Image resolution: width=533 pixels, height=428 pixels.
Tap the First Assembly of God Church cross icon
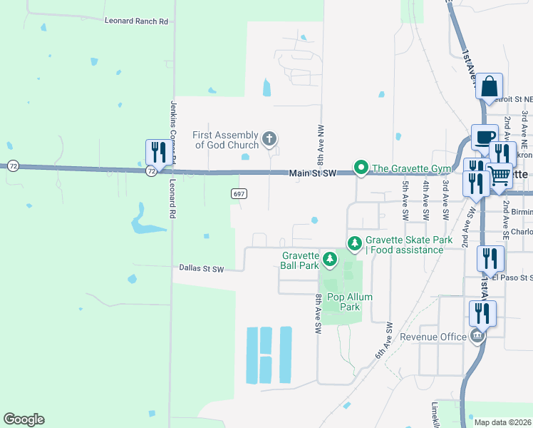click(x=269, y=138)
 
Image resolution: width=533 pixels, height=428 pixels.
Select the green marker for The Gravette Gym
click(x=361, y=168)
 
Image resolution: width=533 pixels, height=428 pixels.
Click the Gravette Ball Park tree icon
click(x=329, y=259)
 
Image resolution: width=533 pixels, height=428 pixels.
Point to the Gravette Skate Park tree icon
click(x=354, y=244)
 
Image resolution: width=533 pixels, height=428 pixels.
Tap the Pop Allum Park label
click(x=345, y=302)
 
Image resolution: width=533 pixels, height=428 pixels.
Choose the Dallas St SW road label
click(x=202, y=269)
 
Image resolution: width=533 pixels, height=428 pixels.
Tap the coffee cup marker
click(x=485, y=137)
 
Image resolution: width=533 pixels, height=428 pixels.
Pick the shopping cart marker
click(x=500, y=175)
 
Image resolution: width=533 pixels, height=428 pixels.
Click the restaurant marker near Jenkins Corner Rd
click(x=157, y=152)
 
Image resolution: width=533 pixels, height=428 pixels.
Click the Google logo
click(x=24, y=419)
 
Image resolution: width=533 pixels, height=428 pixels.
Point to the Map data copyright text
click(x=503, y=422)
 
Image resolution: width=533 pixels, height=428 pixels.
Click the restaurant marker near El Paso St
click(x=490, y=258)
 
